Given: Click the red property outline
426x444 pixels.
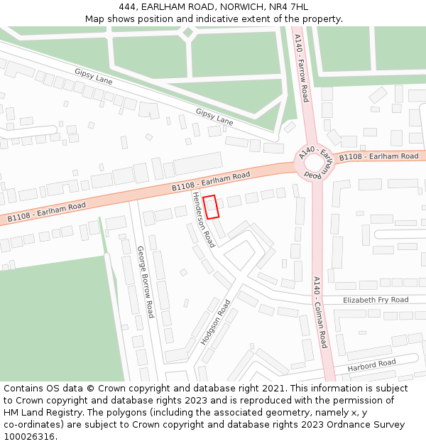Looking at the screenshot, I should tap(211, 207).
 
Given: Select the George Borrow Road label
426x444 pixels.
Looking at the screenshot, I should tap(146, 281).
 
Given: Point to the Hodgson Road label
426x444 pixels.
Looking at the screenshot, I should tap(216, 322).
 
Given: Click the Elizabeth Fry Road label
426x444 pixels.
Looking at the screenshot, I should tap(376, 300).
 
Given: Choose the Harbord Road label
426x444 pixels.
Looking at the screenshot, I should tap(371, 366).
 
